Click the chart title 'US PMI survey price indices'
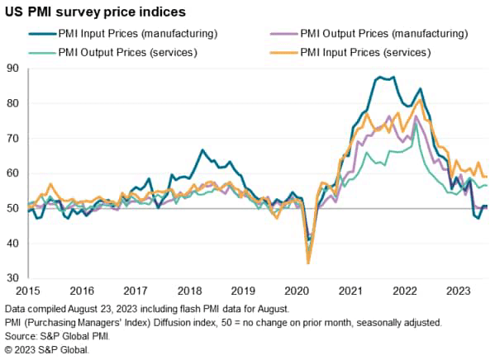[x=95, y=12]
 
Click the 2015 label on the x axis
[x=29, y=291]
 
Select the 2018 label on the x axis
[x=189, y=291]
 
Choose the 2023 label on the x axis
[x=457, y=291]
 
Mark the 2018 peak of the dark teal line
[x=202, y=150]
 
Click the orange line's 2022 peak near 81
[x=421, y=100]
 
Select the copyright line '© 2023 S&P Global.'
[x=46, y=349]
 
